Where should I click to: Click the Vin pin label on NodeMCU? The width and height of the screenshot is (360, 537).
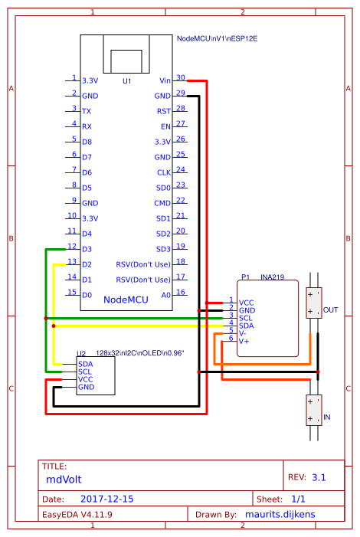pyautogui.click(x=165, y=80)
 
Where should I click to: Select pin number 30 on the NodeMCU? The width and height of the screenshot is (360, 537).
pyautogui.click(x=181, y=77)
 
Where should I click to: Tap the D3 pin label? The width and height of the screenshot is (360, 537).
pyautogui.click(x=87, y=249)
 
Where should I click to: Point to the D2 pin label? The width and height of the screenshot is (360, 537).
pyautogui.click(x=87, y=264)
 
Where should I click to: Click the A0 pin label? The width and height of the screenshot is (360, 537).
pyautogui.click(x=165, y=295)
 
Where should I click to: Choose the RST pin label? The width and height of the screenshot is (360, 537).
pyautogui.click(x=164, y=111)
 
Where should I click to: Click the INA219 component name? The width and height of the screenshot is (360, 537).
pyautogui.click(x=273, y=277)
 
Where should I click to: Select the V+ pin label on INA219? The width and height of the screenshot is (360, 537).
pyautogui.click(x=244, y=341)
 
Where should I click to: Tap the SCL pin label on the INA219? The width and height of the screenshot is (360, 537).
pyautogui.click(x=246, y=318)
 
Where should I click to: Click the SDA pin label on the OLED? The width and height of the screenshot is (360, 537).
pyautogui.click(x=85, y=364)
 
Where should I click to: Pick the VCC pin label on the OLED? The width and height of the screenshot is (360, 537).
pyautogui.click(x=85, y=379)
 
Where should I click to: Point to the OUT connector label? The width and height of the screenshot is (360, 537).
pyautogui.click(x=331, y=310)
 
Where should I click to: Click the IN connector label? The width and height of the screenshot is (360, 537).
pyautogui.click(x=327, y=417)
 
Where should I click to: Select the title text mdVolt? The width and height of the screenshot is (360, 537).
pyautogui.click(x=64, y=480)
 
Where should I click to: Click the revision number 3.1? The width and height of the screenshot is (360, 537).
pyautogui.click(x=319, y=477)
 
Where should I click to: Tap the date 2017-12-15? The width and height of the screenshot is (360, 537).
pyautogui.click(x=107, y=499)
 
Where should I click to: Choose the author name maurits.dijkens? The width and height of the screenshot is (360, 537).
pyautogui.click(x=280, y=514)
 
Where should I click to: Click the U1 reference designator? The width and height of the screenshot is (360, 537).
pyautogui.click(x=126, y=81)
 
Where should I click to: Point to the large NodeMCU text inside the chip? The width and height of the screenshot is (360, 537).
pyautogui.click(x=126, y=300)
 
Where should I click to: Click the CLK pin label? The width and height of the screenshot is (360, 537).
pyautogui.click(x=164, y=172)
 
